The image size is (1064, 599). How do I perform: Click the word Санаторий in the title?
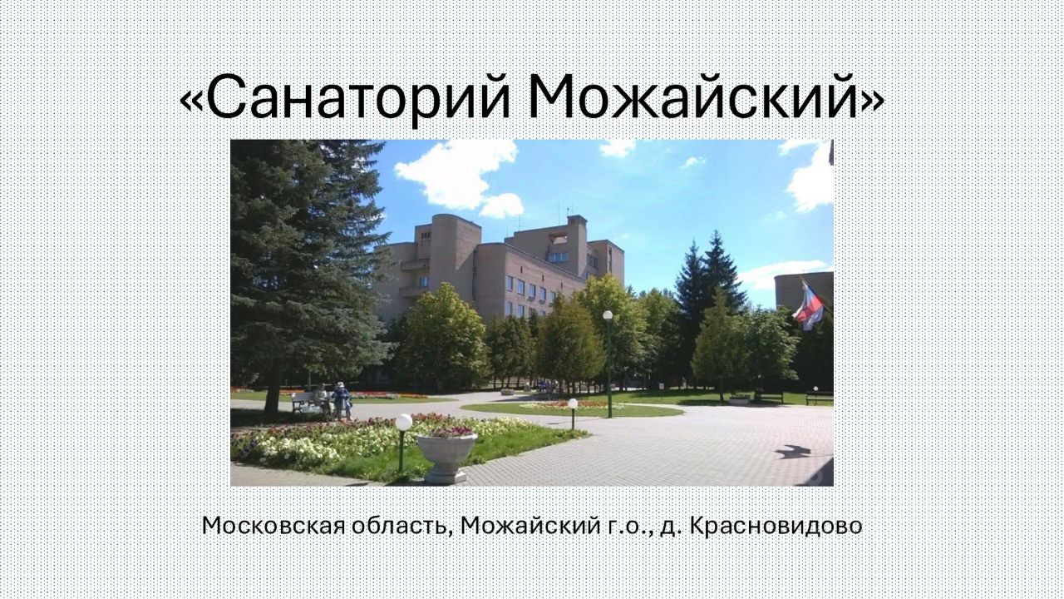click(358, 97)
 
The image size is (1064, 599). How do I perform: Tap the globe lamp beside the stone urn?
click(404, 422)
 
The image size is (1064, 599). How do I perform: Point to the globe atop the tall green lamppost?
click(608, 314)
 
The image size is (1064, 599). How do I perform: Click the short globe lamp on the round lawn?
click(573, 404)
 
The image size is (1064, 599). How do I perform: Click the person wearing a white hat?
click(341, 400)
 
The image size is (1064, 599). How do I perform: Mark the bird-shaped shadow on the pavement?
click(793, 451)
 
